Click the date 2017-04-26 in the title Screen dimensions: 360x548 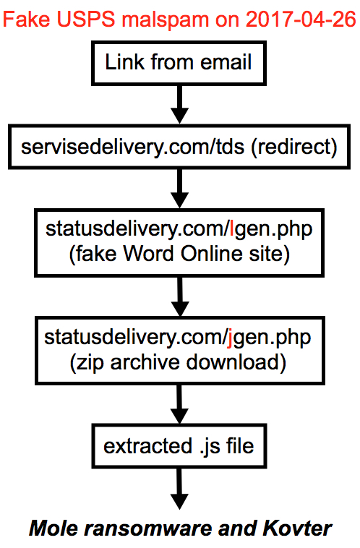[301, 20]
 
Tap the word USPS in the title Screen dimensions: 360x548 [85, 20]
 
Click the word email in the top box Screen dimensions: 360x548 [226, 62]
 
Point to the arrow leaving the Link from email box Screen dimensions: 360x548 [179, 104]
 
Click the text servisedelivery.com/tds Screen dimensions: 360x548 [132, 147]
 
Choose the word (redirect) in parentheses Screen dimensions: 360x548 [294, 147]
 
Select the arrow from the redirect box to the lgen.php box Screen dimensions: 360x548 [179, 189]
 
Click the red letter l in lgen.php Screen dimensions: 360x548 [232, 228]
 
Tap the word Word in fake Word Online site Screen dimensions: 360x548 [148, 253]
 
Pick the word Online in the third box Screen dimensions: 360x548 [212, 253]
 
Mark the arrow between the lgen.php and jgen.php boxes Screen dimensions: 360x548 [180, 296]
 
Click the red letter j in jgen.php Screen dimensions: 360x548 [230, 338]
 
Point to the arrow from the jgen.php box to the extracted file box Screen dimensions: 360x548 [180, 404]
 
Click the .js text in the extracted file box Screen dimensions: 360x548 [210, 447]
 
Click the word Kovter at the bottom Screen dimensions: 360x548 [297, 528]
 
